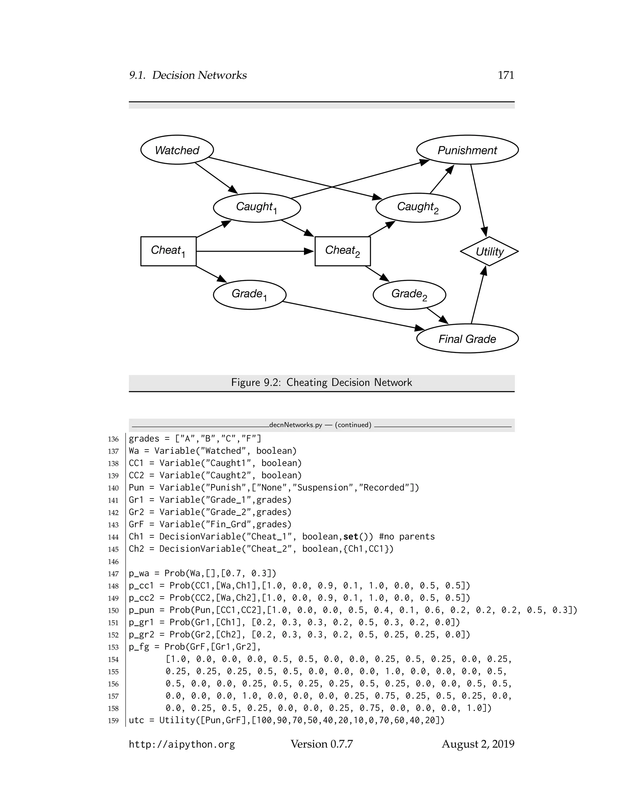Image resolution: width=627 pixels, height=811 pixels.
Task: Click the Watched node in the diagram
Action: [177, 150]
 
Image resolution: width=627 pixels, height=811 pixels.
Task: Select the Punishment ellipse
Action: [467, 150]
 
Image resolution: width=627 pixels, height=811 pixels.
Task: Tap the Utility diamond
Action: [489, 251]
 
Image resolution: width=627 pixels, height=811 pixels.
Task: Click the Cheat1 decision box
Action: [168, 251]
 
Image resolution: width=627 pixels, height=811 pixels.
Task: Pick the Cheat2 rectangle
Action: [343, 251]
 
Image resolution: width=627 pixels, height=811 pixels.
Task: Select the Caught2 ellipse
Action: [418, 207]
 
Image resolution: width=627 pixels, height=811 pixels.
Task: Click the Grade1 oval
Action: [250, 294]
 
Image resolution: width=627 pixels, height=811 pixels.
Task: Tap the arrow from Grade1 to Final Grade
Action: [353, 315]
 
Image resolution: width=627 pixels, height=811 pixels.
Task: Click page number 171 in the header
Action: [505, 75]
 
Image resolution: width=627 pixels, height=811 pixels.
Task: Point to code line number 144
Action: [113, 537]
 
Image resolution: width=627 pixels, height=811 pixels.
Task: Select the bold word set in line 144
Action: [351, 536]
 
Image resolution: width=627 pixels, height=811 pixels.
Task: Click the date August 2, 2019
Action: [478, 744]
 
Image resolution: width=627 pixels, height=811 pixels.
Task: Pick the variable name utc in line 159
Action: [136, 720]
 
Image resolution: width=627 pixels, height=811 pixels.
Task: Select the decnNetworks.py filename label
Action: [296, 425]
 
